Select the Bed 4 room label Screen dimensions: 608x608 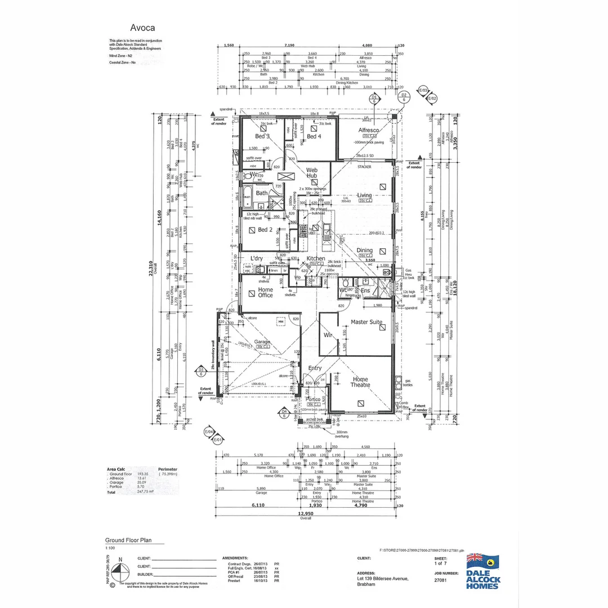(314, 136)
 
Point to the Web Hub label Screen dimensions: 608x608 (312, 172)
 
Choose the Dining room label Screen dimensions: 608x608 (364, 251)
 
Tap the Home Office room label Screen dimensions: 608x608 (265, 293)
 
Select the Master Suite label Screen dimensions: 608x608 (366, 322)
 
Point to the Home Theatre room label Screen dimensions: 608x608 (360, 383)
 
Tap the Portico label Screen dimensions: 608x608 (314, 399)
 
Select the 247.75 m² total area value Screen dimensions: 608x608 (145, 491)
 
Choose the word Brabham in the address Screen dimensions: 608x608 (367, 584)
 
